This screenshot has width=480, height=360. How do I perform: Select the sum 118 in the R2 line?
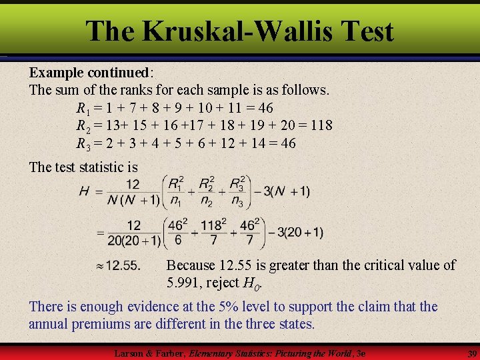(319, 125)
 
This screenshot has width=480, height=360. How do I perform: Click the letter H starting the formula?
(84, 192)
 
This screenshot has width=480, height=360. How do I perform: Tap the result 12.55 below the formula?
(123, 265)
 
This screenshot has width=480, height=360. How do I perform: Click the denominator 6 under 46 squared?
(177, 240)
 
